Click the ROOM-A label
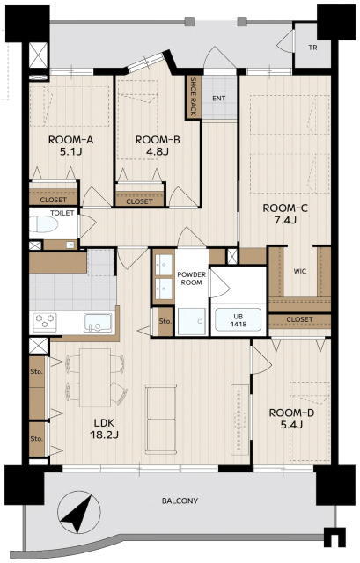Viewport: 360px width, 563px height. (70, 140)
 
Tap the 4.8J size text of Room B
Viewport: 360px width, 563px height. (158, 152)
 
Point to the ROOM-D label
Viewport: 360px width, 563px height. (291, 413)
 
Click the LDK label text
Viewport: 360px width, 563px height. (104, 422)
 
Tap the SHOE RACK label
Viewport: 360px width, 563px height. (193, 97)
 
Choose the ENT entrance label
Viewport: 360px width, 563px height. (219, 98)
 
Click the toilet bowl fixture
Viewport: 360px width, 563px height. (45, 224)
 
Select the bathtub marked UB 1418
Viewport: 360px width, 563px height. (239, 319)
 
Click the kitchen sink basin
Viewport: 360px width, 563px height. (98, 323)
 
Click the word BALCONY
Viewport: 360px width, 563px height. (180, 501)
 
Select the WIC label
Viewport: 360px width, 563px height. (300, 271)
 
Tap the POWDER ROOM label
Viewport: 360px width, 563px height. (192, 279)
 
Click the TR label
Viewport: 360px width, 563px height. (313, 47)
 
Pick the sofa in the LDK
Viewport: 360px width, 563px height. (161, 418)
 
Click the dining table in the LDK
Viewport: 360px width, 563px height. (94, 377)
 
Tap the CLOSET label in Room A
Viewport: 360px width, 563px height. (53, 200)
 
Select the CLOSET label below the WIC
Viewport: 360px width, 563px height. (299, 319)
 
